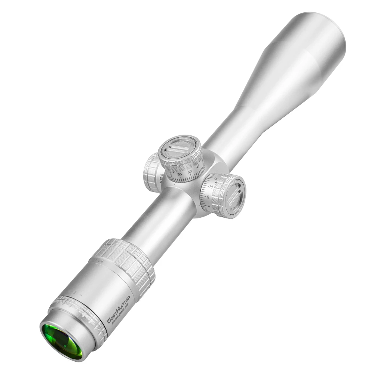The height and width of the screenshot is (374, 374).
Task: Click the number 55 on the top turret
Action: point(180,174)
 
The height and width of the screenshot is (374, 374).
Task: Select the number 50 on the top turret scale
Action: point(190,172)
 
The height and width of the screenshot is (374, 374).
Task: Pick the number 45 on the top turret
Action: point(198,167)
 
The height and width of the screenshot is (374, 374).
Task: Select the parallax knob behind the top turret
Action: point(152,172)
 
